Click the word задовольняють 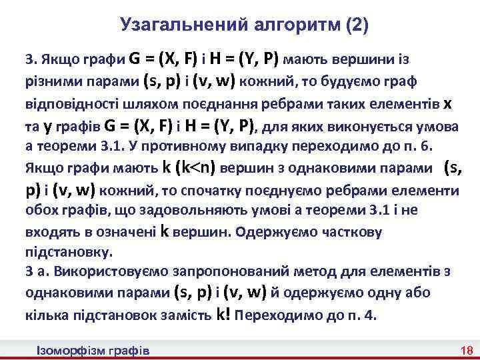[x=161, y=211]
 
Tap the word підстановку [x=69, y=253]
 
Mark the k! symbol [x=224, y=315]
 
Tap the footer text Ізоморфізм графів [x=93, y=350]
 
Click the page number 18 [x=465, y=350]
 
